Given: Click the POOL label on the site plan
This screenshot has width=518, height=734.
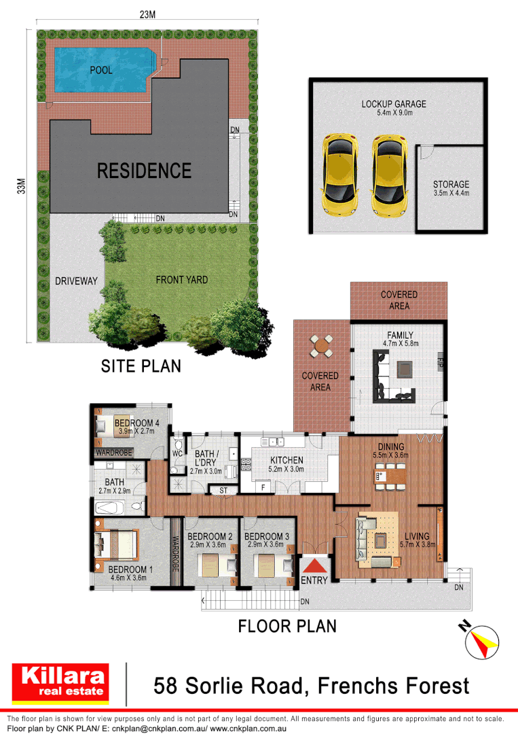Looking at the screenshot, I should pos(101,70).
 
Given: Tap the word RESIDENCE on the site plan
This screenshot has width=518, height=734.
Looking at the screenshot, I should pos(144,171).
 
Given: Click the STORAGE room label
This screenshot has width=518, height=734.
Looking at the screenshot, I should pos(451,184).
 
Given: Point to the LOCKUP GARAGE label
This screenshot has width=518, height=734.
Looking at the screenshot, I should pos(394,104).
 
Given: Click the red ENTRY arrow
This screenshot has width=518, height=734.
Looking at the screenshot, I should pos(314,565).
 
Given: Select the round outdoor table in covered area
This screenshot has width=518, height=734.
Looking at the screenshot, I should pos(320,346).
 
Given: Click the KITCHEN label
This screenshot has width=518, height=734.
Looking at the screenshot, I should pos(286,460).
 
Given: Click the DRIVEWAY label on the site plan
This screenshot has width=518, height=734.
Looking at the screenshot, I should pos(77,281).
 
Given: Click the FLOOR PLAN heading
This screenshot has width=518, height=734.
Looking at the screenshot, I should pos(287,625).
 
